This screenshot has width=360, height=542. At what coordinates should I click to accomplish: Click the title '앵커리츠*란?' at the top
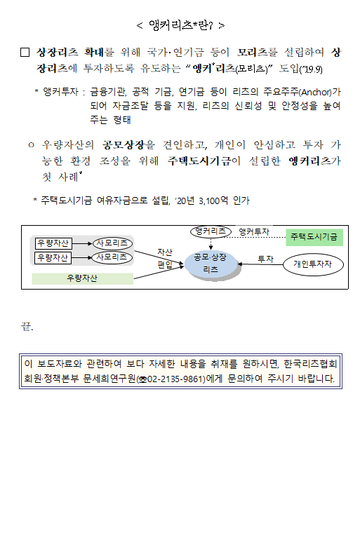pos(180,25)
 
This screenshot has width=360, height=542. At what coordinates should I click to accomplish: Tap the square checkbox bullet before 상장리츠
pos(25,52)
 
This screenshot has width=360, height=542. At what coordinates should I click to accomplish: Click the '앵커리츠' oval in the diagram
pos(211,231)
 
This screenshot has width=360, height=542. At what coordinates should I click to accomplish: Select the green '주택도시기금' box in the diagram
pos(314,237)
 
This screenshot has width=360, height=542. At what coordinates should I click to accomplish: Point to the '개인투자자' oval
pos(313,264)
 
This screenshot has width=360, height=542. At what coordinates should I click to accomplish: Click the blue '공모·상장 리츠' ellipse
pos(211,264)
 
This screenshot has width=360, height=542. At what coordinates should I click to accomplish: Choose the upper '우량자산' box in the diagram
pos(53,243)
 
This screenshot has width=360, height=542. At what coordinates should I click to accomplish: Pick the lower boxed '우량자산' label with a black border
pos(53,258)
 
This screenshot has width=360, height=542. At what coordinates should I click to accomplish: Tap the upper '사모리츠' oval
pos(112,243)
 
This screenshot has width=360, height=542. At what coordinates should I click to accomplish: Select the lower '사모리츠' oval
pos(112,257)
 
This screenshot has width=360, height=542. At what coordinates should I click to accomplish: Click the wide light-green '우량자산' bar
pos(82,278)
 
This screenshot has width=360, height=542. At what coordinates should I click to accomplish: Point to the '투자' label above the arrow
pos(265,259)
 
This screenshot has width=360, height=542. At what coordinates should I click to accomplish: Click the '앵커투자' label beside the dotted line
pos(254,232)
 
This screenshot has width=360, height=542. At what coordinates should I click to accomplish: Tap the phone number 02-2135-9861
pos(176,379)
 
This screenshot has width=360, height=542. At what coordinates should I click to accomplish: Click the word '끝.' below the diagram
pos(27,326)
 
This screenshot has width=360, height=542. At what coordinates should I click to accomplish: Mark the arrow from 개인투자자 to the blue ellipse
pos(260,264)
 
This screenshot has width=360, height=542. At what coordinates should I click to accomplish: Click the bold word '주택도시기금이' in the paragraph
pos(204,161)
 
